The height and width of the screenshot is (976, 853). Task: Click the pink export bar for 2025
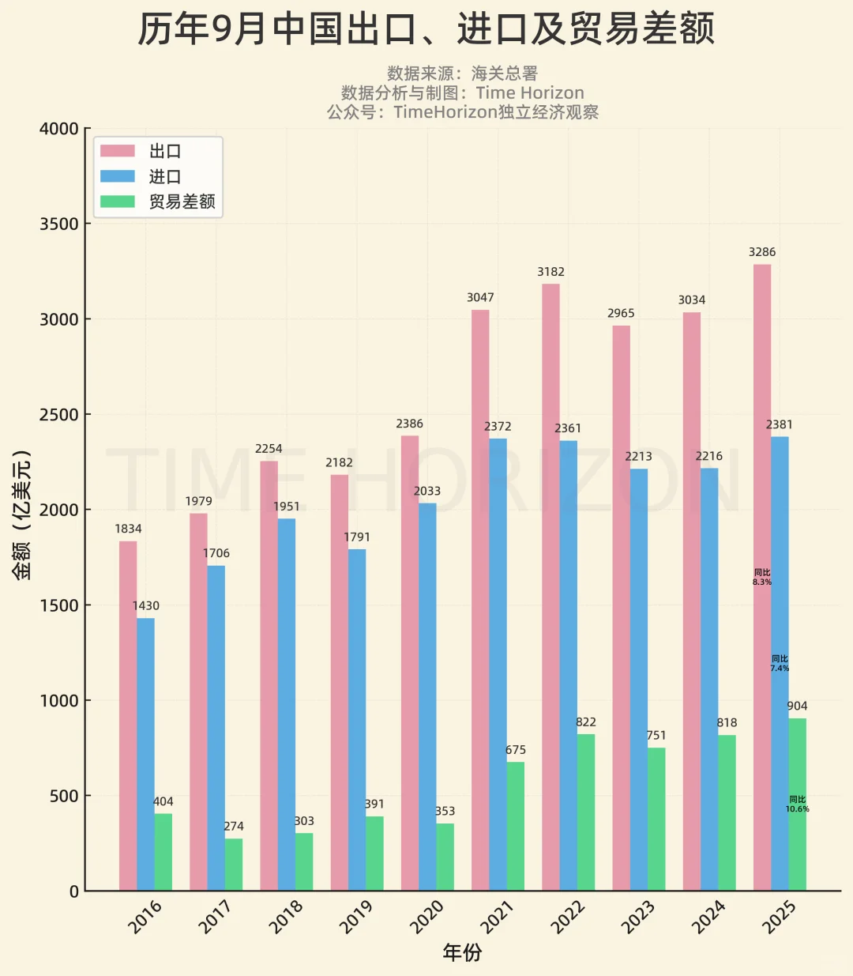pos(761,577)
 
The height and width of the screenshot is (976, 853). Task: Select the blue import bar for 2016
pos(145,754)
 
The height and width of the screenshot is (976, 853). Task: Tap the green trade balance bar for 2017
pos(234,865)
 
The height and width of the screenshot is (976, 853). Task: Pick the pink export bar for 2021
pos(480,600)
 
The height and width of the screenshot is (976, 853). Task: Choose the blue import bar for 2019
pos(357,719)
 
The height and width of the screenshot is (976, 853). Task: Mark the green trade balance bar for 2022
pos(586,812)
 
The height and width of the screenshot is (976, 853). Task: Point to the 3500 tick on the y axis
pos(59,224)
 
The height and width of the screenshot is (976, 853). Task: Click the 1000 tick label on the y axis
pos(59,701)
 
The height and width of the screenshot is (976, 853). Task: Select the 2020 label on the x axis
pos(426,917)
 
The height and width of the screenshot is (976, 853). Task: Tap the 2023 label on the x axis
pos(638,917)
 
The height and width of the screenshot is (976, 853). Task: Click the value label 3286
pos(762,252)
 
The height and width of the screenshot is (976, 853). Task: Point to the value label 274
pos(234,827)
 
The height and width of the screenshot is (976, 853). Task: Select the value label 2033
pos(427,492)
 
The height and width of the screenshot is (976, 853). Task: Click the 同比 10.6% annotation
pos(797,805)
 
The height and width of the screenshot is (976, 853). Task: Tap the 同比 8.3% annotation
pos(761,577)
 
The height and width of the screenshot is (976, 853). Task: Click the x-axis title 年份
pos(462,953)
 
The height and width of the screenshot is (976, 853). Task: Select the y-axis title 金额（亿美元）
pos(22,514)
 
